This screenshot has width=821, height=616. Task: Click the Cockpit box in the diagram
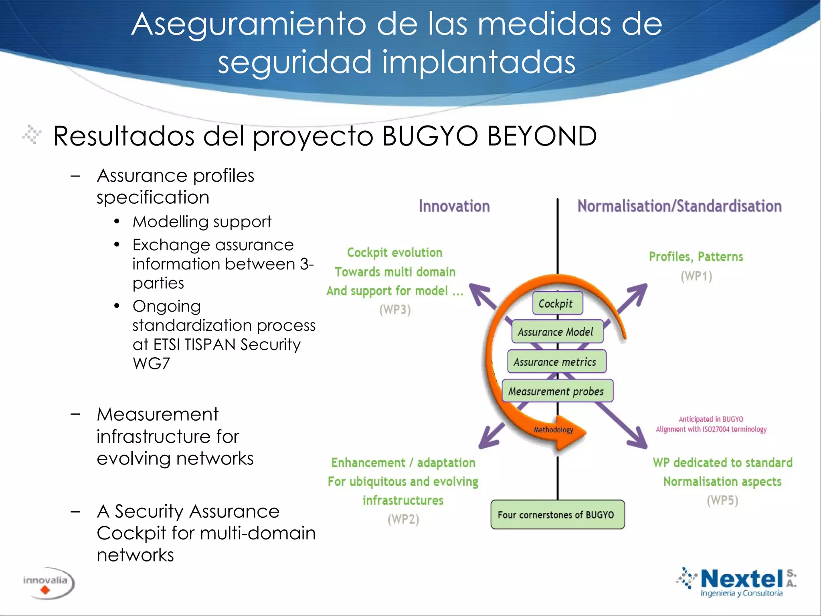[557, 304]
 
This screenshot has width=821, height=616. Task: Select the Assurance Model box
[557, 332]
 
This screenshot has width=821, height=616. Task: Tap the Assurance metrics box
[556, 362]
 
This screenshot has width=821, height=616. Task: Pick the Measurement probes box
[557, 391]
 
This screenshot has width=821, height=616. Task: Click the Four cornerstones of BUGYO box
[557, 515]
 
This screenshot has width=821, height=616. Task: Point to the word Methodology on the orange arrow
[553, 430]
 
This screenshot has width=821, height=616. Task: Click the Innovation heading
[454, 206]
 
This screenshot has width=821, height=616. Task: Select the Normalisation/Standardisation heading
[679, 206]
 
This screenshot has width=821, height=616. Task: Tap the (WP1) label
[696, 276]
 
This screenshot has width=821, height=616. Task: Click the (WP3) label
[395, 310]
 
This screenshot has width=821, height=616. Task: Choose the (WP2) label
[403, 519]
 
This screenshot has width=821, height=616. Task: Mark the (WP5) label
[722, 500]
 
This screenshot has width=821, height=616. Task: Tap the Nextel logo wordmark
[742, 579]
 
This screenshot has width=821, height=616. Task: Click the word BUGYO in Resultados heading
[430, 136]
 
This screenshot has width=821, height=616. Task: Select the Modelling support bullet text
[202, 222]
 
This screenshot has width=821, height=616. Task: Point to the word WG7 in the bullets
[151, 363]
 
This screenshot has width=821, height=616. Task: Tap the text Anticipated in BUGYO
[711, 419]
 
